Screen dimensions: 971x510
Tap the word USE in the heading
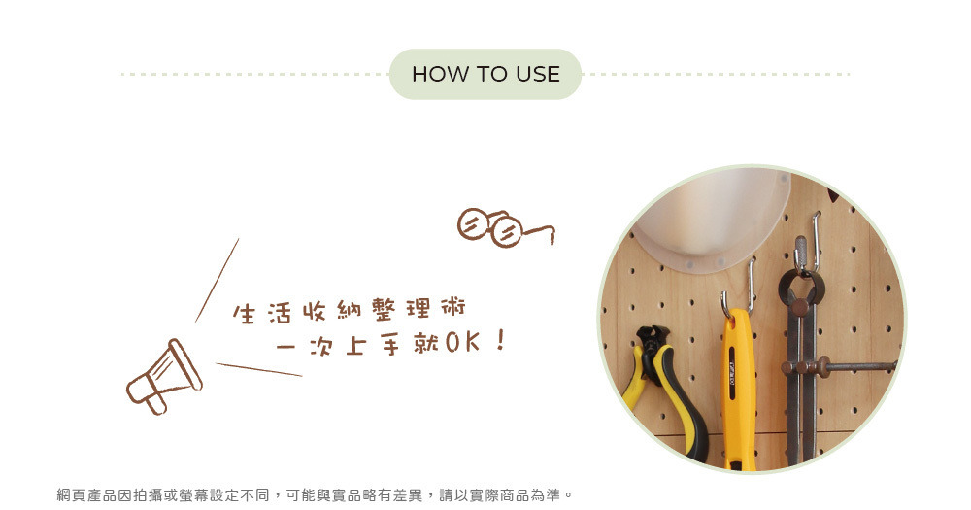coord(538,75)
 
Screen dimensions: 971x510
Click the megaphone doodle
coord(164,377)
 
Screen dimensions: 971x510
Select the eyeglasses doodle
coord(506,227)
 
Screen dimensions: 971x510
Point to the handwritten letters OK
coord(462,342)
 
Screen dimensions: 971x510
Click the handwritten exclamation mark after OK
coord(501,340)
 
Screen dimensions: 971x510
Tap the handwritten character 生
coord(244,314)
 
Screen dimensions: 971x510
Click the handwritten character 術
coord(452,307)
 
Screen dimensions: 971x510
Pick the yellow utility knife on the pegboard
coord(739,390)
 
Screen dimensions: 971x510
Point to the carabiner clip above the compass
coord(801,255)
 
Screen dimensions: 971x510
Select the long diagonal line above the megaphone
coord(217,281)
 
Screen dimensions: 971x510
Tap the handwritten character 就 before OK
coord(426,343)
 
